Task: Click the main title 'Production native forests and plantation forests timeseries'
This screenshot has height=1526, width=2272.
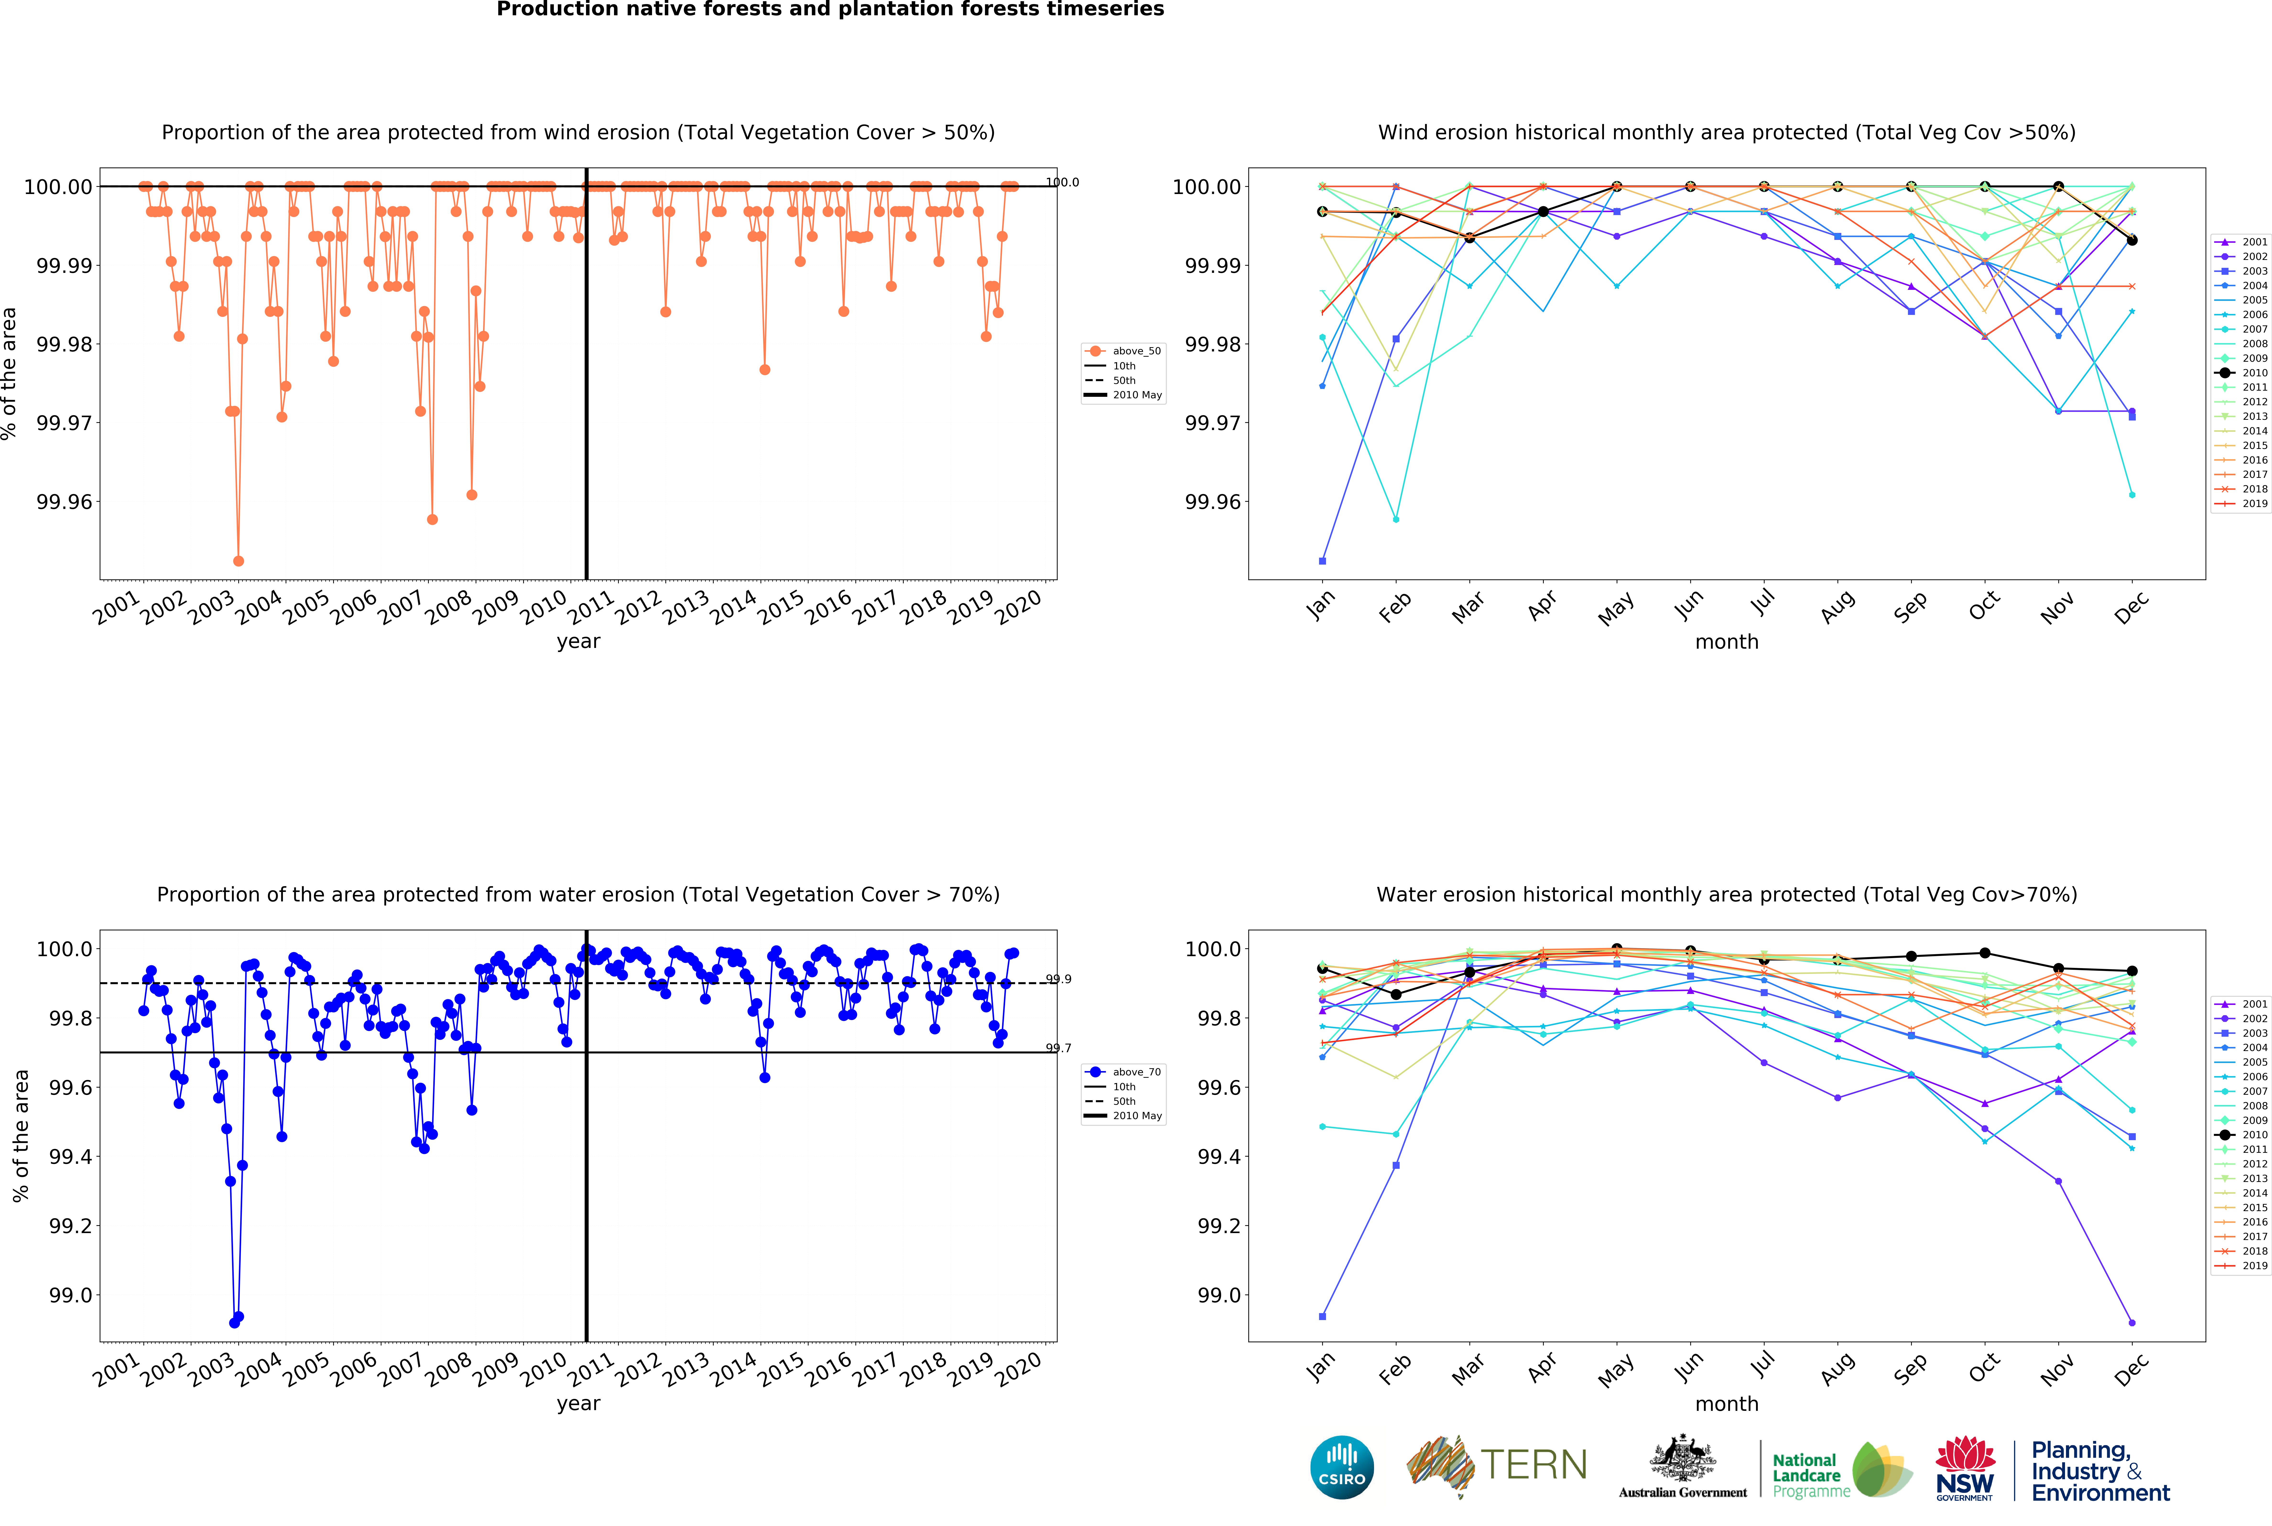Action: [x=829, y=10]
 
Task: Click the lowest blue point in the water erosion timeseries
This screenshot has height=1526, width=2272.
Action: [x=234, y=1323]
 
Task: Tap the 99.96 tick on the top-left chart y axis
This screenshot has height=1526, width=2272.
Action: [x=64, y=502]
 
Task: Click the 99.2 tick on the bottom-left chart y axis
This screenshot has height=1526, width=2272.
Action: [x=70, y=1226]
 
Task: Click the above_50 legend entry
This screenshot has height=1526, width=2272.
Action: [x=1136, y=351]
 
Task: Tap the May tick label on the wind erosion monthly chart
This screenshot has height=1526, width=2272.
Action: [x=1616, y=608]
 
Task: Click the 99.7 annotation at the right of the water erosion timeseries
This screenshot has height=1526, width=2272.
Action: [x=1058, y=1048]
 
